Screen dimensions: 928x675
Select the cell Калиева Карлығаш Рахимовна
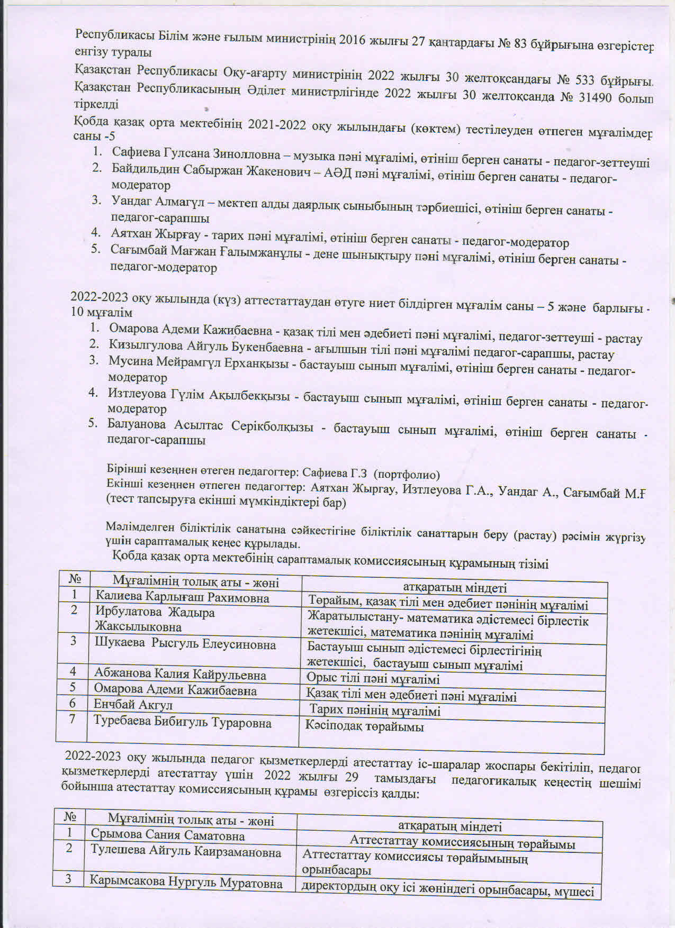point(182,598)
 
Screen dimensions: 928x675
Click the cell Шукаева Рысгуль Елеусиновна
point(185,644)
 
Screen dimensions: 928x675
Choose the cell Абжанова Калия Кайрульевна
point(180,674)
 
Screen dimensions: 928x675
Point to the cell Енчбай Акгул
point(133,704)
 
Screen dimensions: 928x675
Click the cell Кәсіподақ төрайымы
point(365,726)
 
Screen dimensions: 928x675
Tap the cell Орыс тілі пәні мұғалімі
point(373,679)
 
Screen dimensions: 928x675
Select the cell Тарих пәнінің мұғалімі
point(375,711)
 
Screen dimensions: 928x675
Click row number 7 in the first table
point(72,719)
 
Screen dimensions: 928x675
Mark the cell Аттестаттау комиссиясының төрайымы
point(462,843)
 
